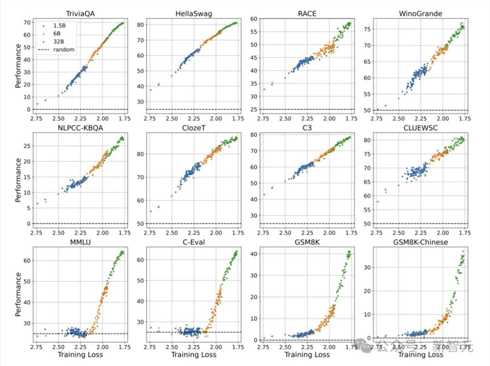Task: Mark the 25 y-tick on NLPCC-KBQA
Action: click(27, 146)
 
